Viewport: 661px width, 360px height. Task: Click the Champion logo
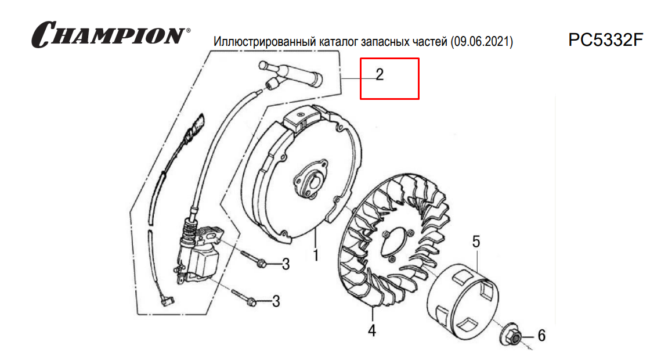coord(110,34)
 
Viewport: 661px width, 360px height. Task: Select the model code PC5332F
coord(605,40)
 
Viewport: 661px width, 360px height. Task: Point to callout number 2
coord(380,75)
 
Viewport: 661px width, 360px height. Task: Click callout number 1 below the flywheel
coord(315,255)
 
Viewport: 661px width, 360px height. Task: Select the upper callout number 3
coord(286,264)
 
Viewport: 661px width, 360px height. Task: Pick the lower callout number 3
coord(276,301)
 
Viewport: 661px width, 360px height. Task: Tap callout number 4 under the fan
coord(372,330)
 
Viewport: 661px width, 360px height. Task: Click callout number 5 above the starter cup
coord(476,242)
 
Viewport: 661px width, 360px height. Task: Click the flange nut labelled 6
coord(511,336)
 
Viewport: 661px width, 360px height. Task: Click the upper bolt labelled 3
coord(254,259)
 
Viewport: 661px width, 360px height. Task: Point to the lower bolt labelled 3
coord(244,297)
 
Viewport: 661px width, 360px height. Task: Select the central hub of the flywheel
coord(310,180)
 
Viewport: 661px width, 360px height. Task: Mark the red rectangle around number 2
coord(389,58)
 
